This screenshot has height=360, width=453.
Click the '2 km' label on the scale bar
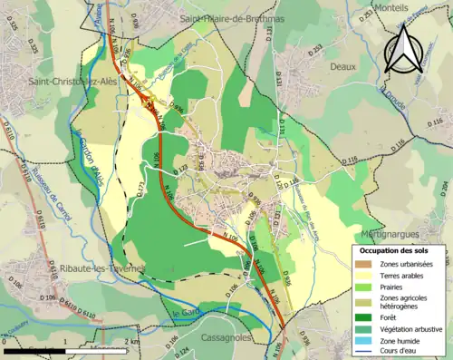(x=134, y=343)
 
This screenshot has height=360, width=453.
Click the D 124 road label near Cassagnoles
(x=182, y=350)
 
